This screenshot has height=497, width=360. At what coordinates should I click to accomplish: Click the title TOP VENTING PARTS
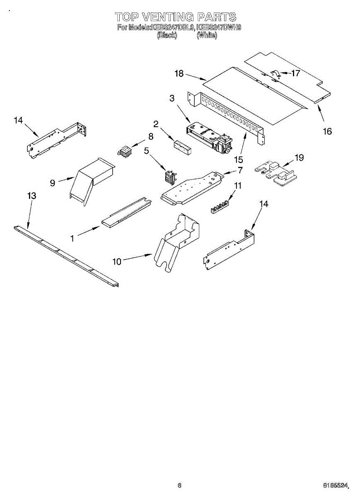[175, 17]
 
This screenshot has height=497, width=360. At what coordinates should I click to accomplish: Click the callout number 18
[179, 74]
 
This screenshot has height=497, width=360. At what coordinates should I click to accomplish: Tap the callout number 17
[295, 74]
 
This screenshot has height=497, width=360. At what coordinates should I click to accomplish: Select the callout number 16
[327, 131]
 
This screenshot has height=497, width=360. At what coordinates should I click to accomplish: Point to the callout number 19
[299, 157]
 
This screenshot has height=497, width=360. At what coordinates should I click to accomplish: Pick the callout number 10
[117, 261]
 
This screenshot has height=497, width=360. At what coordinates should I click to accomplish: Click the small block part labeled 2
[182, 147]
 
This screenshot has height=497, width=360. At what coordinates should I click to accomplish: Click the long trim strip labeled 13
[66, 256]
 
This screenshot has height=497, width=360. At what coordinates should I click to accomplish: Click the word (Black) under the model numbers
[167, 36]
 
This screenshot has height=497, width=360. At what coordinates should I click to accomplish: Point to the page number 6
[179, 485]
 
